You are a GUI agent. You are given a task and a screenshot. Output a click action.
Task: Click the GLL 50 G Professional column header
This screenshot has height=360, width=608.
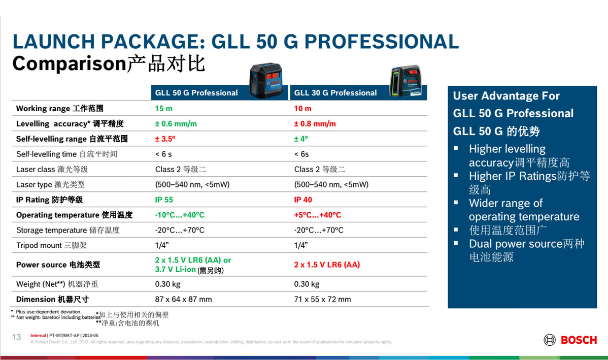[196, 93]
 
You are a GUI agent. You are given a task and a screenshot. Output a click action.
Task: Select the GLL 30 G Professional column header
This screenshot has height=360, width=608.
[335, 93]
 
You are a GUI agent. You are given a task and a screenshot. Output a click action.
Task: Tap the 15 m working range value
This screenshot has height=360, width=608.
[163, 109]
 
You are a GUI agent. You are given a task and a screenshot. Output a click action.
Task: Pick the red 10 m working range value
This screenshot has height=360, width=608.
[302, 109]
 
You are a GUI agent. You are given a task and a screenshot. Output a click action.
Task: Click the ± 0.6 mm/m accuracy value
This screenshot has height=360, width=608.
[176, 124]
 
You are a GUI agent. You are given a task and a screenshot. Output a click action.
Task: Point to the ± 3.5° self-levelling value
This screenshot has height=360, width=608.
[165, 139]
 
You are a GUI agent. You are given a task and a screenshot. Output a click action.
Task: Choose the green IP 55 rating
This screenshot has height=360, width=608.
[164, 200]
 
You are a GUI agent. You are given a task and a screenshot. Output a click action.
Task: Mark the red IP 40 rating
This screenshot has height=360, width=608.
[303, 200]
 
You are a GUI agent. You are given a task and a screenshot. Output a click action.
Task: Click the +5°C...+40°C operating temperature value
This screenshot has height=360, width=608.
[318, 215]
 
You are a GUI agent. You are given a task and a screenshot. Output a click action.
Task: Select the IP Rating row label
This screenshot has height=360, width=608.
[49, 200]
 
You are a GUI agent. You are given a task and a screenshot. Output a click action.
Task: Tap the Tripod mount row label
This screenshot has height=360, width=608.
[51, 245]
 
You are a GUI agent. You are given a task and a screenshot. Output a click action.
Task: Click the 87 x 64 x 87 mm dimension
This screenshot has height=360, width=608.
[183, 300]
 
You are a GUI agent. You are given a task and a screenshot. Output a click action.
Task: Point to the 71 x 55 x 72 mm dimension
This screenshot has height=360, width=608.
[322, 300]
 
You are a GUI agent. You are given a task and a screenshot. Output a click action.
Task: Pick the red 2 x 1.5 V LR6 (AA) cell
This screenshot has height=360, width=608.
[327, 265]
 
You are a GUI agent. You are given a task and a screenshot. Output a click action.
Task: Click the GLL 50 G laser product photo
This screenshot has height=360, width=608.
[266, 80]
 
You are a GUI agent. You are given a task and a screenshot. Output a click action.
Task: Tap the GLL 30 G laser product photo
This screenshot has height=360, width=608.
[406, 80]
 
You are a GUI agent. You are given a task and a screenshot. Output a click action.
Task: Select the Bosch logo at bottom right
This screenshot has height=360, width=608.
[570, 340]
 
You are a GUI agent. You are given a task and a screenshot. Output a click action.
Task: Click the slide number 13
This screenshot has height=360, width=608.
[16, 337]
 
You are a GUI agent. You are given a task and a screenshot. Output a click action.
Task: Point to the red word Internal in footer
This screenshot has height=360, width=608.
[38, 336]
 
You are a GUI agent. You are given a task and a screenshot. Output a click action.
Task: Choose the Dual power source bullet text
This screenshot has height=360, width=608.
[527, 250]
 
